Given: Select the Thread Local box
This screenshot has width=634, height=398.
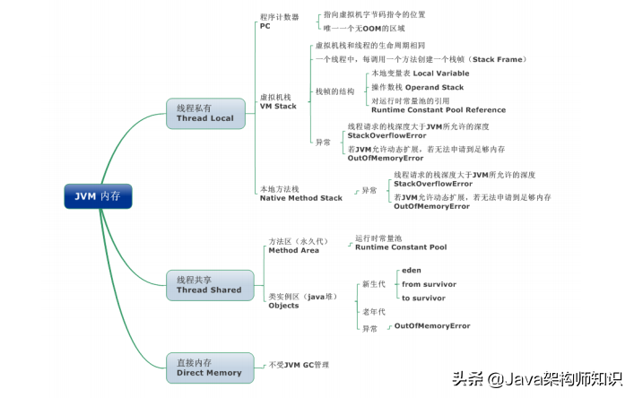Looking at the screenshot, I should (204, 113).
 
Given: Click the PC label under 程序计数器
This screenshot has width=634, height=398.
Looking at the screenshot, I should (265, 26).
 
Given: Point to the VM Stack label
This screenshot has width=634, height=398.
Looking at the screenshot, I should (278, 106).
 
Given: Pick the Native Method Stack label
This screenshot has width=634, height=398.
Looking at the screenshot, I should (300, 197).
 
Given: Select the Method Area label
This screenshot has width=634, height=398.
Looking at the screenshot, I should (293, 251).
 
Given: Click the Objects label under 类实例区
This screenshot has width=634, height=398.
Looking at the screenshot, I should (283, 306).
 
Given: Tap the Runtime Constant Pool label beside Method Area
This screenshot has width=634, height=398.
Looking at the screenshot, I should (400, 247).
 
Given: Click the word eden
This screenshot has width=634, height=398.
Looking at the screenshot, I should (411, 270).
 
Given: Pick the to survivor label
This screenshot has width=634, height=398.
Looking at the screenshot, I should (423, 298).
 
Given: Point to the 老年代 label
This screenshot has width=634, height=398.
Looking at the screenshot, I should (373, 311).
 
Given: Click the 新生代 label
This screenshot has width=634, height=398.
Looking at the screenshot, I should (373, 283).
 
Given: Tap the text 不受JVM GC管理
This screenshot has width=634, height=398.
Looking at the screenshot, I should (300, 365).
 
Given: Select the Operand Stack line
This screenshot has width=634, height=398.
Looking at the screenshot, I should (417, 87).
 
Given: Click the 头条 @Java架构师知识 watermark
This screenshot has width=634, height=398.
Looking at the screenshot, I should (536, 380).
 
